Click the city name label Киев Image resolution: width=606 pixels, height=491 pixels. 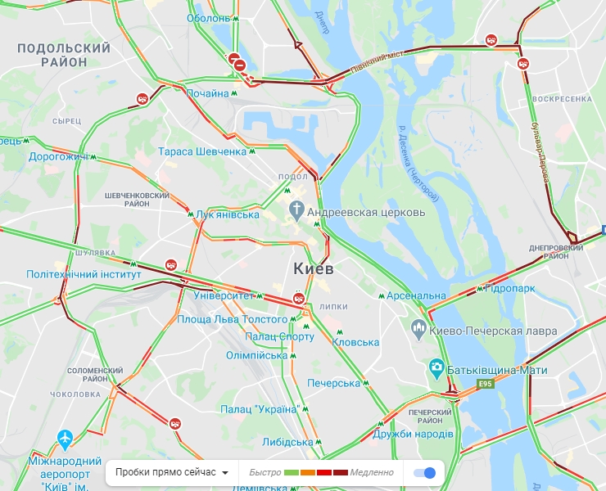(x=313, y=268)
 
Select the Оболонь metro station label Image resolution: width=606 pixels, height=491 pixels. (x=208, y=18)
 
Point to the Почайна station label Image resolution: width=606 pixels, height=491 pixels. (x=207, y=93)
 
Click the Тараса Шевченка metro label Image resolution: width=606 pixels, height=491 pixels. (x=202, y=151)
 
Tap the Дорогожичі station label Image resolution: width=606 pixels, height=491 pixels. (x=57, y=156)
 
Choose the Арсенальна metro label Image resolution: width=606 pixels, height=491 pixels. (x=417, y=295)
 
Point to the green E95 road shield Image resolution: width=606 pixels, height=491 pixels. (x=486, y=384)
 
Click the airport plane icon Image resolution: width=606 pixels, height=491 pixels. (x=66, y=439)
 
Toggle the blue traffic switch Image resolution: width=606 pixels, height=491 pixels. (x=425, y=472)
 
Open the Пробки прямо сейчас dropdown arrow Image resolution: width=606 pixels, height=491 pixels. (x=224, y=473)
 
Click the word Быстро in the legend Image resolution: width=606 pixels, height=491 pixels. (x=265, y=472)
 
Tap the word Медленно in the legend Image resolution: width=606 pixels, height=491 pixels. (x=372, y=472)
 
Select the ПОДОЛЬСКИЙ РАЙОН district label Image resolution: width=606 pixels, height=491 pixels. (x=63, y=55)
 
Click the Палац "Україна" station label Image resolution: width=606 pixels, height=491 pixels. (x=258, y=408)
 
